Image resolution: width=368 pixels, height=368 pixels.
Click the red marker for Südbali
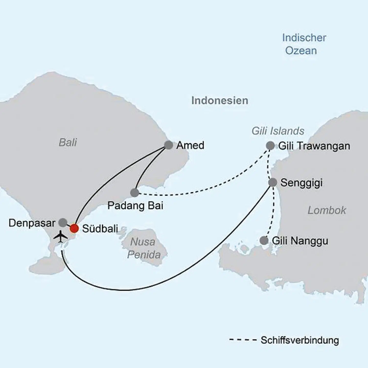pyautogui.click(x=74, y=228)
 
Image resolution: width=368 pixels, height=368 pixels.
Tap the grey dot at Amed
pyautogui.click(x=168, y=145)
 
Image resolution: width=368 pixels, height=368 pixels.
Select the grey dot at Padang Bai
pyautogui.click(x=135, y=193)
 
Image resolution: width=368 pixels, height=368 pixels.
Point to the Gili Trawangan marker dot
pyautogui.click(x=270, y=146)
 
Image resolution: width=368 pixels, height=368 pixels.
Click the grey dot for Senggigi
pyautogui.click(x=273, y=182)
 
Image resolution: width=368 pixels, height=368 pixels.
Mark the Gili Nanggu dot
pyautogui.click(x=264, y=240)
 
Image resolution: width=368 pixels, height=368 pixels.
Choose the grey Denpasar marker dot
pyautogui.click(x=63, y=222)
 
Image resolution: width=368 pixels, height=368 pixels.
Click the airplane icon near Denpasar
pyautogui.click(x=61, y=236)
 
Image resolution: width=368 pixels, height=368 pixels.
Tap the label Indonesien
pyautogui.click(x=220, y=100)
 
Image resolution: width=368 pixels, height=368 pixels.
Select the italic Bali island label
pyautogui.click(x=68, y=142)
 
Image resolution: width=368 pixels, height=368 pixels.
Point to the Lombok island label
pyautogui.click(x=327, y=210)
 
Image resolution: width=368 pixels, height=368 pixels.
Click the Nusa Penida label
pyautogui.click(x=144, y=248)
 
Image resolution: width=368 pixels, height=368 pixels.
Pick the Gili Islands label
pyautogui.click(x=278, y=131)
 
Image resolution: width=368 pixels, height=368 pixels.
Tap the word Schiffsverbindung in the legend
pyautogui.click(x=300, y=340)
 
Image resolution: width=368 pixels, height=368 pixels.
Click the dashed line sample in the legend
pyautogui.click(x=243, y=340)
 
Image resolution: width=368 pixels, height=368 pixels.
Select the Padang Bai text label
pyautogui.click(x=135, y=205)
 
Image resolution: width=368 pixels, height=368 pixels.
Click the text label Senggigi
pyautogui.click(x=301, y=183)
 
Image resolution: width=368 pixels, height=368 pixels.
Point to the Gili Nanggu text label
pyautogui.click(x=300, y=241)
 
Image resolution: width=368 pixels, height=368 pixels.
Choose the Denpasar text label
pyautogui.click(x=32, y=223)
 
